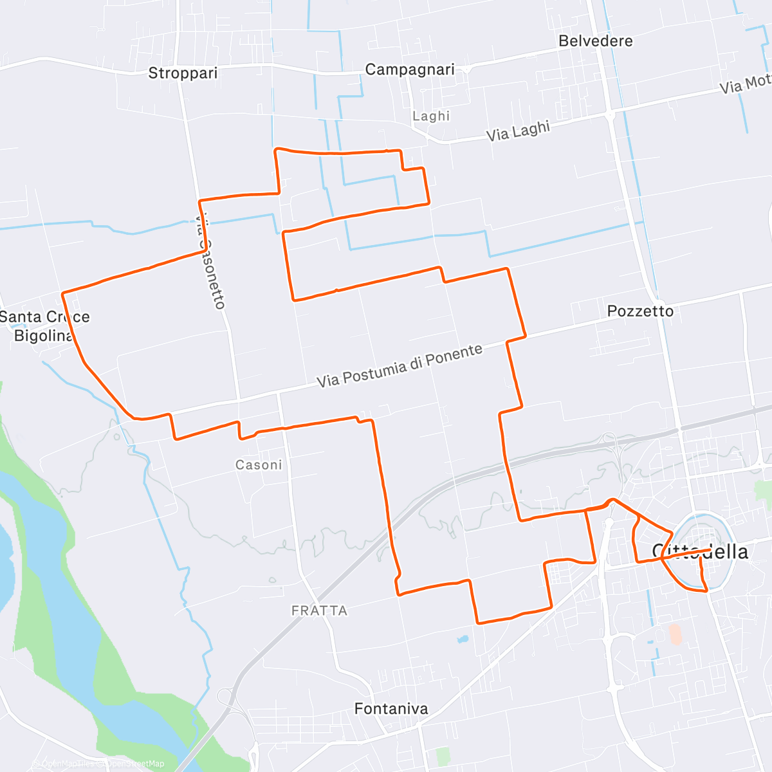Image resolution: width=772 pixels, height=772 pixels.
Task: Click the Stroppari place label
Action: pyautogui.click(x=183, y=73)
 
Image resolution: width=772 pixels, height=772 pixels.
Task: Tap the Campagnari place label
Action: pyautogui.click(x=410, y=69)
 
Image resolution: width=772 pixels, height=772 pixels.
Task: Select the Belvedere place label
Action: pyautogui.click(x=595, y=41)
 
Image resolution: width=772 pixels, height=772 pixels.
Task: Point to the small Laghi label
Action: pyautogui.click(x=431, y=116)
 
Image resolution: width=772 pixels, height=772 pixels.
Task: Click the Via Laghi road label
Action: pyautogui.click(x=518, y=131)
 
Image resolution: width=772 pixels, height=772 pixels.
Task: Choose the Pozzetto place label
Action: pyautogui.click(x=640, y=311)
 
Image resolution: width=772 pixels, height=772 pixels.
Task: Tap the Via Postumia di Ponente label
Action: pyautogui.click(x=400, y=366)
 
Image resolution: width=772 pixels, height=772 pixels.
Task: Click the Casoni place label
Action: pyautogui.click(x=259, y=465)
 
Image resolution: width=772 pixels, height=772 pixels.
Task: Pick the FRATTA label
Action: pyautogui.click(x=319, y=611)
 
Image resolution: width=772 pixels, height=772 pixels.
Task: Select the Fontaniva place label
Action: pyautogui.click(x=391, y=709)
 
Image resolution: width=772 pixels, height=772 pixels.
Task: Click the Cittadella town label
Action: pyautogui.click(x=700, y=552)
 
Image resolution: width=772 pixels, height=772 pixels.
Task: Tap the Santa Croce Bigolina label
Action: pyautogui.click(x=44, y=326)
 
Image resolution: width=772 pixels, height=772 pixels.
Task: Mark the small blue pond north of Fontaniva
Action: pyautogui.click(x=461, y=639)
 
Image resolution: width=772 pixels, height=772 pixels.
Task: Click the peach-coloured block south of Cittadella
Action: pyautogui.click(x=675, y=634)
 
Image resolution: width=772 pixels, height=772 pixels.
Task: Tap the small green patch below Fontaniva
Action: pyautogui.click(x=442, y=756)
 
